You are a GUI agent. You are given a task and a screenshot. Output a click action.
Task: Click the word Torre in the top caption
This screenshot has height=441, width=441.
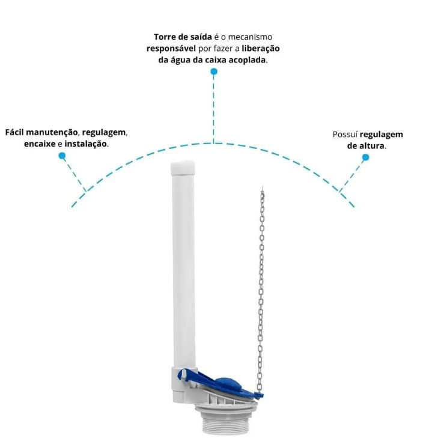click(163, 37)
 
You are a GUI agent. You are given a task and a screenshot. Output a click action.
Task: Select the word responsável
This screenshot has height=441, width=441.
click(171, 49)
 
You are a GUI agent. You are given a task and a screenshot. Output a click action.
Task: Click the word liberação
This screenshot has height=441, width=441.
click(261, 49)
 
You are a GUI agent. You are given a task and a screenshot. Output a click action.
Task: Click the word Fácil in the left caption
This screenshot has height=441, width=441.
click(14, 132)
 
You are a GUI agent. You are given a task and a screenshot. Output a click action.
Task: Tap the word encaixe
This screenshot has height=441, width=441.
click(40, 144)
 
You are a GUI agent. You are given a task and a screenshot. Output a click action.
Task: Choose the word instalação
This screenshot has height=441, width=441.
click(86, 144)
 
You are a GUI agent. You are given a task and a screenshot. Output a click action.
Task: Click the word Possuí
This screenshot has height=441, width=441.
click(345, 134)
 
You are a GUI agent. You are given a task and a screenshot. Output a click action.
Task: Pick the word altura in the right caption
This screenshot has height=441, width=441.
click(373, 145)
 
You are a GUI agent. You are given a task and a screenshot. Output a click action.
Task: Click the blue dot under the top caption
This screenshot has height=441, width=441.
click(214, 71)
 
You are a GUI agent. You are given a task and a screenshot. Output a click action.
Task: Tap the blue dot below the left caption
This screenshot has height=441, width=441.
click(62, 156)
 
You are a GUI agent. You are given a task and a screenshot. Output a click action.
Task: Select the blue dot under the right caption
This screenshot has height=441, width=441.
click(366, 157)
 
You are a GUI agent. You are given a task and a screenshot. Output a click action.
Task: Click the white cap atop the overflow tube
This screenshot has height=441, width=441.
click(183, 168)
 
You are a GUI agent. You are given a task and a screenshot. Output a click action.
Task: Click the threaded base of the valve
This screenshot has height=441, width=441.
click(225, 418)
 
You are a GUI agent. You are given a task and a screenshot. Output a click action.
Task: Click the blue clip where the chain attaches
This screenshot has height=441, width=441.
click(258, 395)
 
